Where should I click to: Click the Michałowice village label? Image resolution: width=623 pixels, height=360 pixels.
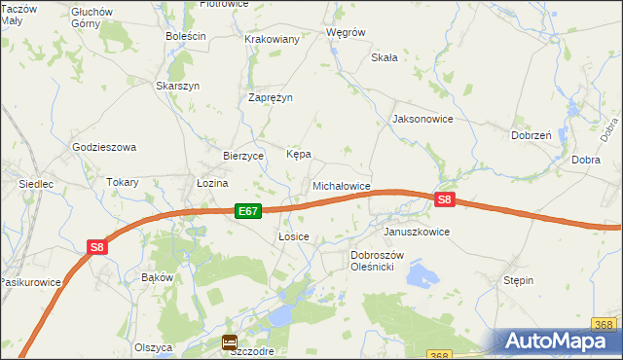click(x=341, y=185)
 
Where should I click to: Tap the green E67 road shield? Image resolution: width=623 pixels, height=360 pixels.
click(x=247, y=210)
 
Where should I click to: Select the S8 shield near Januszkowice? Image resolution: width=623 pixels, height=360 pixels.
click(x=444, y=199)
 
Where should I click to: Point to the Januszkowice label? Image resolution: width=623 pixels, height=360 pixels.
click(x=417, y=233)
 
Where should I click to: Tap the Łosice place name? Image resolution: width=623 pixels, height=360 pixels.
click(x=293, y=236)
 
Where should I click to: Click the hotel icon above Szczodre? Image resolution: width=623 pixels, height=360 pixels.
click(x=229, y=342)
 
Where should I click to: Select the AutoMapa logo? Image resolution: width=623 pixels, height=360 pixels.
click(x=561, y=342)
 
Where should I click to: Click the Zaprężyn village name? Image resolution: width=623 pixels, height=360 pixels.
click(x=271, y=97)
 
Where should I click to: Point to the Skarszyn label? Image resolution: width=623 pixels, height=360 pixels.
click(x=178, y=86)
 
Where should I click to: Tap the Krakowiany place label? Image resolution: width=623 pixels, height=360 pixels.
click(x=273, y=39)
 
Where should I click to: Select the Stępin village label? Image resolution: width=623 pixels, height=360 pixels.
click(x=518, y=280)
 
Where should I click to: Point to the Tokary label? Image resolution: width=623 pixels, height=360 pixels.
click(x=123, y=182)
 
